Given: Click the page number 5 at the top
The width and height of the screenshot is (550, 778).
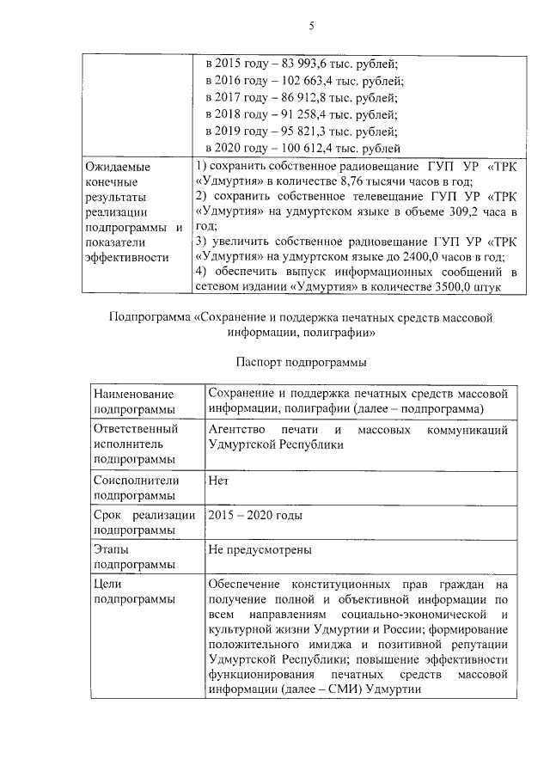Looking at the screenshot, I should pyautogui.click(x=312, y=27).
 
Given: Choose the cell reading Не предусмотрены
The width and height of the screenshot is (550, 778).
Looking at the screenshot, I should pyautogui.click(x=260, y=549).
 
